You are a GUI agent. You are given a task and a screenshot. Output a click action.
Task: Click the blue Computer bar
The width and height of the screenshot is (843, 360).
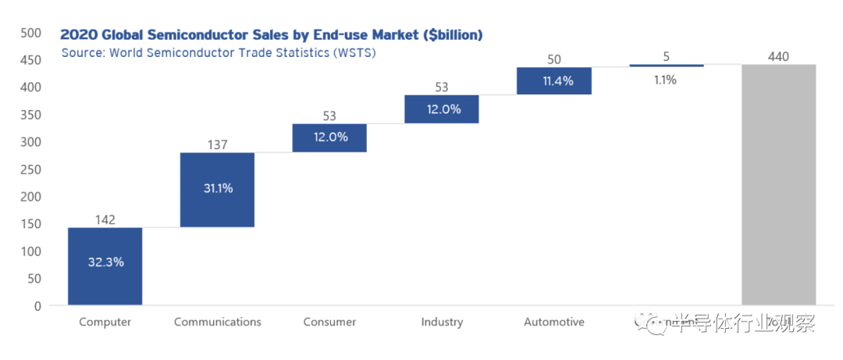[105, 266]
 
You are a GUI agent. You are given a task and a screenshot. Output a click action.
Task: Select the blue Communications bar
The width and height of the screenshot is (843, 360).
[217, 190]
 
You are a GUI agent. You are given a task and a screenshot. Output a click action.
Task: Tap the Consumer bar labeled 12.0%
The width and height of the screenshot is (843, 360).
[329, 137]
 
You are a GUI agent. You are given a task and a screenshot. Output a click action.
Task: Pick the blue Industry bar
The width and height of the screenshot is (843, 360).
[441, 109]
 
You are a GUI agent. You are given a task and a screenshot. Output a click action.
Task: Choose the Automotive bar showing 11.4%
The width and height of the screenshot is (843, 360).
[553, 81]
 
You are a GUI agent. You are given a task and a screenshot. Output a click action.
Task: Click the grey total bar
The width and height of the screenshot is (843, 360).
[778, 184]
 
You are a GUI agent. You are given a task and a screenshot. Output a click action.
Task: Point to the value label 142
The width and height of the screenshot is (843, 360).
[105, 219]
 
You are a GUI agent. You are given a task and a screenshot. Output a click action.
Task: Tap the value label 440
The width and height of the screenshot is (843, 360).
[778, 56]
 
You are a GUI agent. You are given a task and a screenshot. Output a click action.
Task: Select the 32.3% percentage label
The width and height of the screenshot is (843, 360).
[105, 262]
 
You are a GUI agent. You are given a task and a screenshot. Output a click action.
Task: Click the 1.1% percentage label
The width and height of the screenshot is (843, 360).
[666, 80]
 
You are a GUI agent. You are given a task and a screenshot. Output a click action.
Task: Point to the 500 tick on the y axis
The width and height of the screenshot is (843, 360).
[30, 33]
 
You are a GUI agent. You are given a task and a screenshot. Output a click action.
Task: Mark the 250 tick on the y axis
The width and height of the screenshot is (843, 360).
[30, 169]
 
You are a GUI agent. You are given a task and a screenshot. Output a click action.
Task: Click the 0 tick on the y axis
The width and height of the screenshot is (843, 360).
[37, 306]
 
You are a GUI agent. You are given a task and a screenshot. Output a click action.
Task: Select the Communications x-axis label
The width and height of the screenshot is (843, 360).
[217, 322]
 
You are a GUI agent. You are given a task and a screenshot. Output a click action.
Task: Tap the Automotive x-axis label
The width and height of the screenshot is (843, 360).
[553, 322]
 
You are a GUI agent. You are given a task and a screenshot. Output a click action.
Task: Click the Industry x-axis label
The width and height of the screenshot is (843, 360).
[441, 322]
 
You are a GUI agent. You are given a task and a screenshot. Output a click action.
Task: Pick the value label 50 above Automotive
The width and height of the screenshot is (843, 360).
[553, 59]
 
